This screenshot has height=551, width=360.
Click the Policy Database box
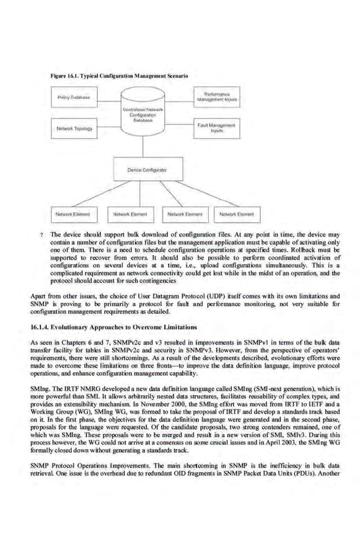click(73, 97)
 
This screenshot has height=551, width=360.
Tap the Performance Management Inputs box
click(215, 97)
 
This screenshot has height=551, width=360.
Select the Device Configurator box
click(143, 169)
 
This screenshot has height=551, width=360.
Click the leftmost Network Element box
click(73, 215)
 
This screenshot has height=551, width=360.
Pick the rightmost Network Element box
click(236, 215)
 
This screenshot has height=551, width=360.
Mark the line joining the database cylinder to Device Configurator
click(143, 147)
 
